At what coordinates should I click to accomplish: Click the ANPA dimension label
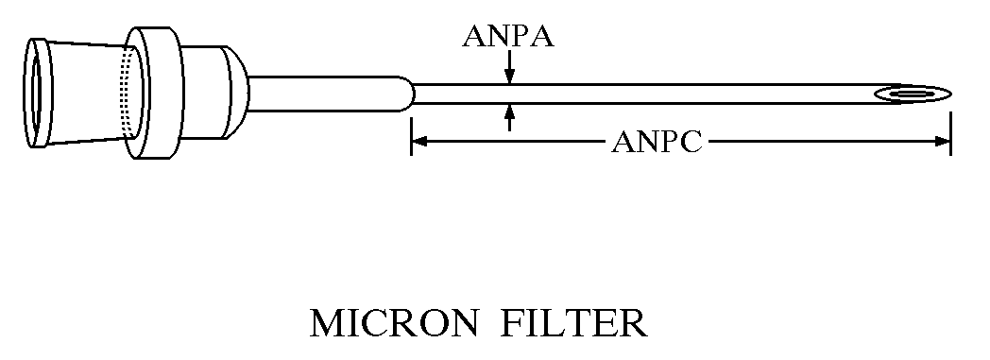[x=508, y=37]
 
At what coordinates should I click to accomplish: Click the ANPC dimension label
[x=657, y=142]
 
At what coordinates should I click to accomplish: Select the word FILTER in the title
[x=574, y=323]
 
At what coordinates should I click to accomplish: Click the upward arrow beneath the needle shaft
[x=509, y=117]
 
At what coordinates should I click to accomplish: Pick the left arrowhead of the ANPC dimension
[x=419, y=142]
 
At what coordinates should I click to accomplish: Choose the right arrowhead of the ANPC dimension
[x=943, y=142]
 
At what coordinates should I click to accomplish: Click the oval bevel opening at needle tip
[x=913, y=94]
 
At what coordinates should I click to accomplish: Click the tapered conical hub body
[x=89, y=93]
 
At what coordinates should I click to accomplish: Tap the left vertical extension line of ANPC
[x=411, y=136]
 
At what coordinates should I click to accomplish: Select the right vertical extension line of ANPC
[x=951, y=133]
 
